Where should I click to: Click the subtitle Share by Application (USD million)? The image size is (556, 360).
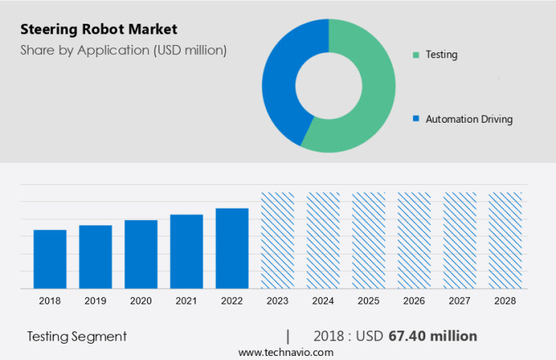[123, 50]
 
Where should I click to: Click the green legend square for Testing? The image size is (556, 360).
[416, 55]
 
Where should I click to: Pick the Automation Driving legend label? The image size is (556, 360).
[469, 119]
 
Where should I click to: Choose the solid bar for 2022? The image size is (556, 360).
[232, 248]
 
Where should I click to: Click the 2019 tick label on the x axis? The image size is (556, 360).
[95, 301]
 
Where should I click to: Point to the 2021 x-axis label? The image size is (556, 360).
[186, 301]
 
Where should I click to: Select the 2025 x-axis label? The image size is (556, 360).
[368, 301]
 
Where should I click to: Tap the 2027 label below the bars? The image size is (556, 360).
[459, 301]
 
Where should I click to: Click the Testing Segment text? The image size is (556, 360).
[77, 336]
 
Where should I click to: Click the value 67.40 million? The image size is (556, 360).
[433, 336]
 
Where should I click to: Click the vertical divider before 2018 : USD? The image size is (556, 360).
[288, 336]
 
